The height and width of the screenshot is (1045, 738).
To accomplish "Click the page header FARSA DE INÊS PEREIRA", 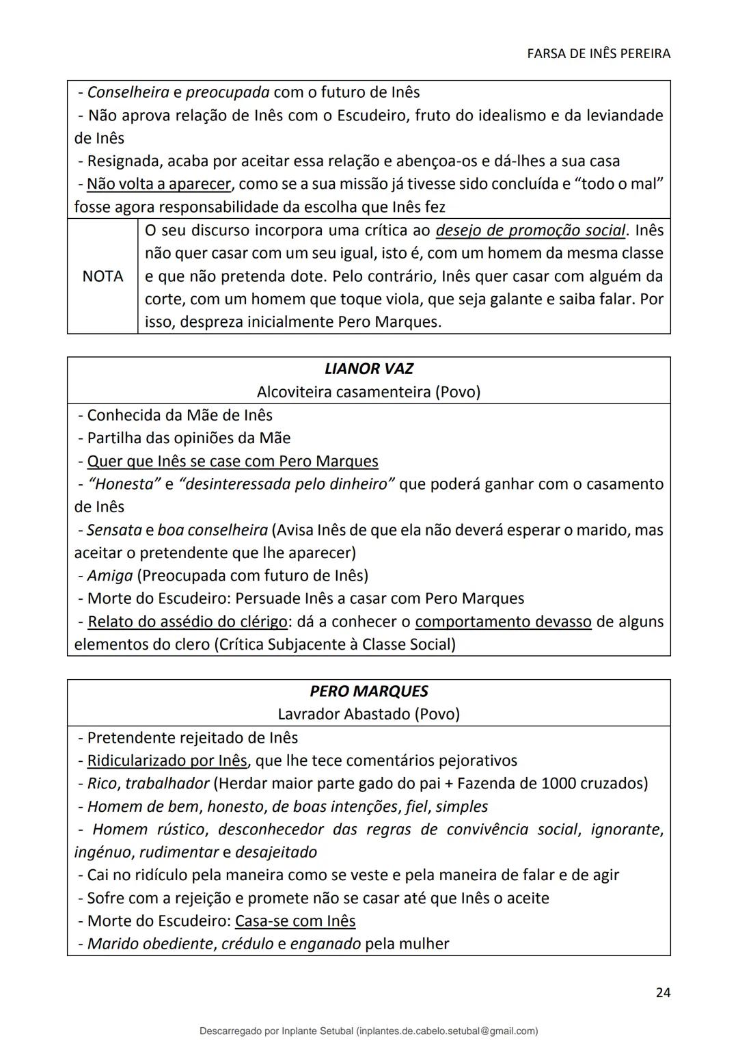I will coord(599,54).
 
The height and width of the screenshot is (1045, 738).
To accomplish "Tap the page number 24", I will coord(662,992).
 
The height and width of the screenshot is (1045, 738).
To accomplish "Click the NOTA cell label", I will coord(102,276).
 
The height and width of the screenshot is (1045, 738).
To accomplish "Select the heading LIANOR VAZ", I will coord(368,369).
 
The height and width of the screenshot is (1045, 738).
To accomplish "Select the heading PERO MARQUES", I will coord(368,691).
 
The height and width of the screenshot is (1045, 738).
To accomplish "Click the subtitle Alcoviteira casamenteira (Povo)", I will coord(368,392).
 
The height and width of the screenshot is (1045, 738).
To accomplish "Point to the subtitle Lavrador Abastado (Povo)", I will coord(368,714).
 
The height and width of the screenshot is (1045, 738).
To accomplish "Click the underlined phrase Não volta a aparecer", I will coord(159,184).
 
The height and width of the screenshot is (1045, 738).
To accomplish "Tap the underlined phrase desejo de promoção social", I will coord(530,230).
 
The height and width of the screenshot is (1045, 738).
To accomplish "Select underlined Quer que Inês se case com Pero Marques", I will coord(232,461).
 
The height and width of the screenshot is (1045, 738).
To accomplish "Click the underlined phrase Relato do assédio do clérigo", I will coord(187,622).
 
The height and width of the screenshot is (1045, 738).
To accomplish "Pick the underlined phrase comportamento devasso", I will coord(503,622).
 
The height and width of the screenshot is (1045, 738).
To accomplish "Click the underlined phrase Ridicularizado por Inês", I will coord(167,760).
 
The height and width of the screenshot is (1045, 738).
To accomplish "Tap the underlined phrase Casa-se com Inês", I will coord(295,921).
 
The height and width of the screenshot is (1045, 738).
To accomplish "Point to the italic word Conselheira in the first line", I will coord(128,92).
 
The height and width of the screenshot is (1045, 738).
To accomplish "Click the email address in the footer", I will coord(447,1031).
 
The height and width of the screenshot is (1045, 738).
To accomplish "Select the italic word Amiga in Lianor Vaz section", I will coord(109,575).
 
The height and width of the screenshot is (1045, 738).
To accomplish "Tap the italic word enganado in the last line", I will coord(325,944).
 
